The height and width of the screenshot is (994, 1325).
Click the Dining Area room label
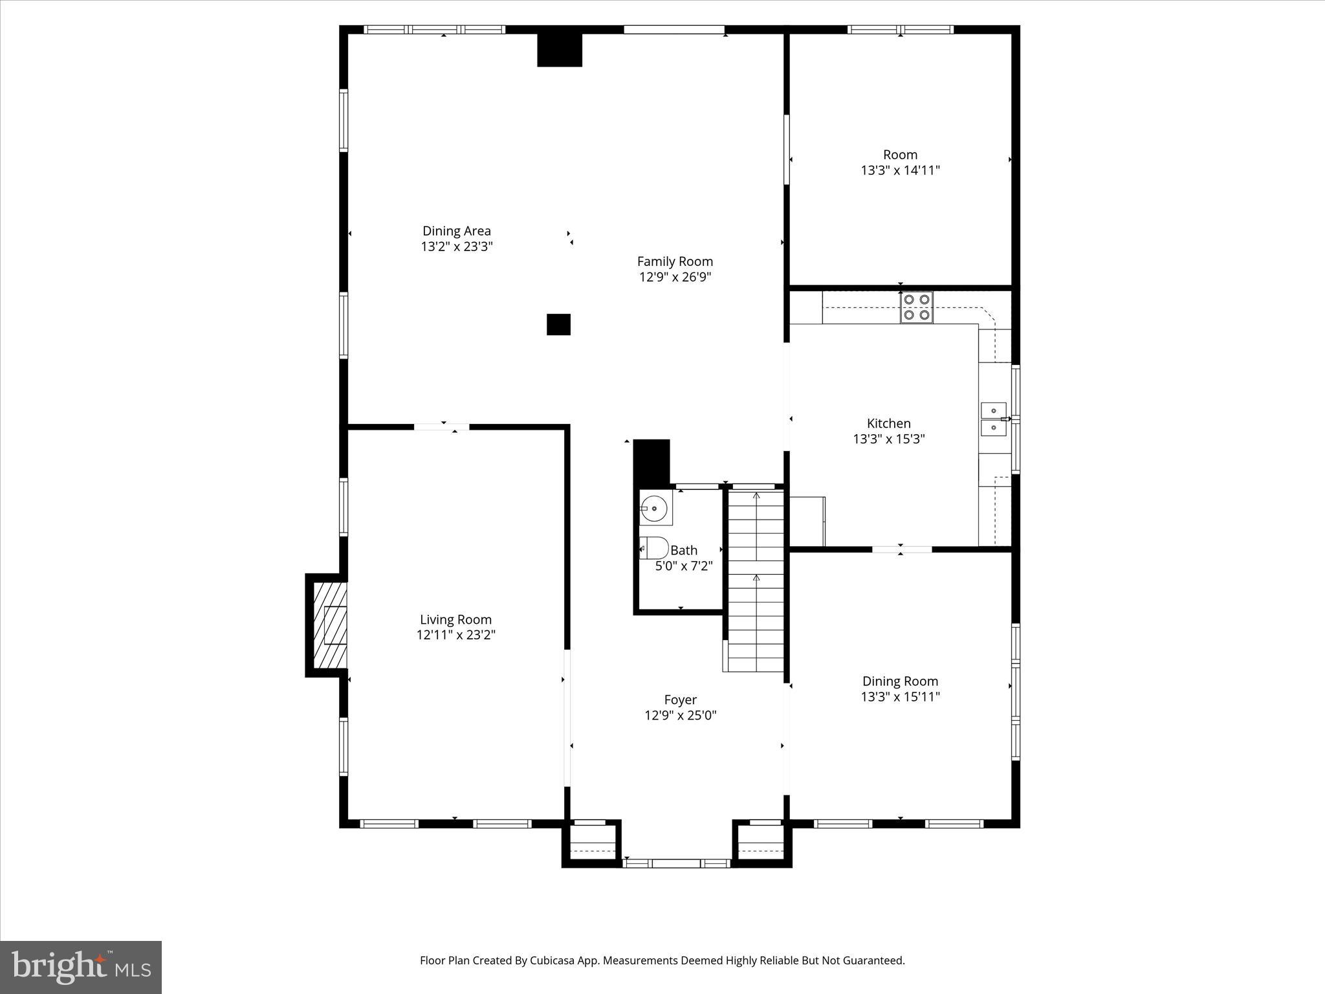click(x=456, y=231)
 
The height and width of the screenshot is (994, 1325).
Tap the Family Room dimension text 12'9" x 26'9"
click(x=675, y=277)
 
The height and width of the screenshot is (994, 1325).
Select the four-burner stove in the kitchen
click(x=916, y=307)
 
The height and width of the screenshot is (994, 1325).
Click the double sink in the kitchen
click(x=994, y=419)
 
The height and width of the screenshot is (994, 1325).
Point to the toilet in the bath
click(x=654, y=548)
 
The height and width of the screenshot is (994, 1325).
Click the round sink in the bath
click(x=655, y=509)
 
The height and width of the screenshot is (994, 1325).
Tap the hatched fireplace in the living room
click(x=330, y=625)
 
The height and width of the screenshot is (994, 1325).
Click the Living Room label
click(x=455, y=619)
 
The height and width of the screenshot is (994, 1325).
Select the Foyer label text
click(x=680, y=700)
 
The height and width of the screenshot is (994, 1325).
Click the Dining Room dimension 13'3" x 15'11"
click(x=900, y=696)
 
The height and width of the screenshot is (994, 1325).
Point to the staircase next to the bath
click(x=756, y=579)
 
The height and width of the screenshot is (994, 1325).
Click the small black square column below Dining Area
click(x=558, y=324)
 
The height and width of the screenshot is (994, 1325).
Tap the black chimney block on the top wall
click(x=560, y=50)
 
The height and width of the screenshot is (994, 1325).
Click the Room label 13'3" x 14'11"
click(x=900, y=162)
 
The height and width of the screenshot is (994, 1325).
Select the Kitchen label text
click(x=888, y=423)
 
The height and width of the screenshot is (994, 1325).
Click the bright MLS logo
click(x=81, y=967)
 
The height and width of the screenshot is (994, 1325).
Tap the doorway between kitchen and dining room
click(x=901, y=549)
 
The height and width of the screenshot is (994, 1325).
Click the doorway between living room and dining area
click(x=442, y=426)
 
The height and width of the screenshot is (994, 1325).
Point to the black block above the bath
click(x=651, y=461)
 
